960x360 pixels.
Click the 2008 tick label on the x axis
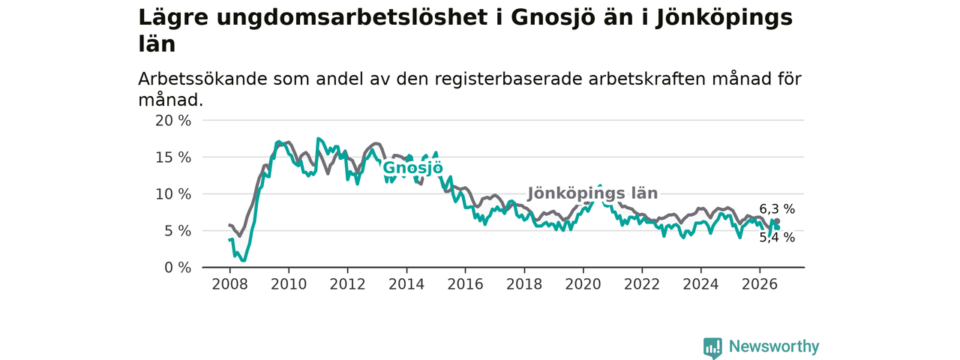[229, 284]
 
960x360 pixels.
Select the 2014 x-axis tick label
[406, 284]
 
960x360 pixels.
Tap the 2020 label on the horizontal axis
[583, 284]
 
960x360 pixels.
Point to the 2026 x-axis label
[760, 284]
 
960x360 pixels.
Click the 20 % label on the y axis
[173, 121]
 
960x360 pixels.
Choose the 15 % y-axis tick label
[173, 157]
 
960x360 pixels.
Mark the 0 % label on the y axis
[178, 268]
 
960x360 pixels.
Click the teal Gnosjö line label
[412, 167]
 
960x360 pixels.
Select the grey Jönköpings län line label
[592, 193]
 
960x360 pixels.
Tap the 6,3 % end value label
[777, 209]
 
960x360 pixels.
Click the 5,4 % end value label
[777, 238]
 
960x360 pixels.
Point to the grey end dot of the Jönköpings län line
[777, 221]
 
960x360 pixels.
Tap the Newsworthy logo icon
[712, 347]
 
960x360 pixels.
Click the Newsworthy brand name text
[774, 346]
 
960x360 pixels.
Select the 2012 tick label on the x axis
[347, 284]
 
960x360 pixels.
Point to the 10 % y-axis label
[173, 194]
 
